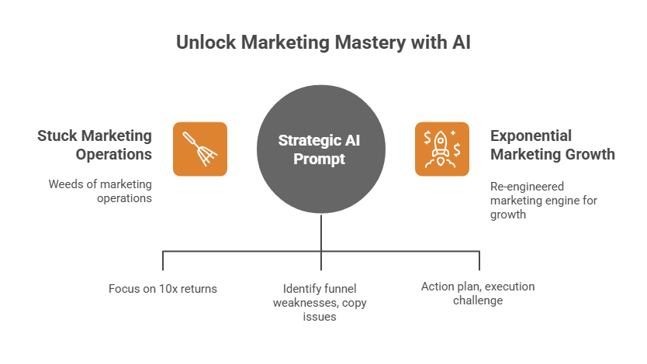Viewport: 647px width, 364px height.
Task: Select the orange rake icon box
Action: pyautogui.click(x=199, y=149)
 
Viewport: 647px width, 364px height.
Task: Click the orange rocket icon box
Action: pyautogui.click(x=442, y=149)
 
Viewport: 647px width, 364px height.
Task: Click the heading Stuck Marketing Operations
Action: pyautogui.click(x=95, y=144)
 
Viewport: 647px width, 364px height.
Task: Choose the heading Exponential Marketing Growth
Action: pyautogui.click(x=552, y=144)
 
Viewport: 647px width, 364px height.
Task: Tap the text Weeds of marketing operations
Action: pyautogui.click(x=99, y=191)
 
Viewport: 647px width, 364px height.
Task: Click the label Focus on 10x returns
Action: pyautogui.click(x=162, y=288)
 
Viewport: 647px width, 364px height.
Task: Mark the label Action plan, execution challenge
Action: pyautogui.click(x=477, y=293)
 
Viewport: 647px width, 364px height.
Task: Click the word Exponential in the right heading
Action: pyautogui.click(x=531, y=136)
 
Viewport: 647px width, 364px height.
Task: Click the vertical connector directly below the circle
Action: pyautogui.click(x=321, y=232)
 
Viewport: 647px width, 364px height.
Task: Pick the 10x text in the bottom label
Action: pyautogui.click(x=166, y=288)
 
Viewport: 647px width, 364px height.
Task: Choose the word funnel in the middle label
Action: pyautogui.click(x=334, y=288)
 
